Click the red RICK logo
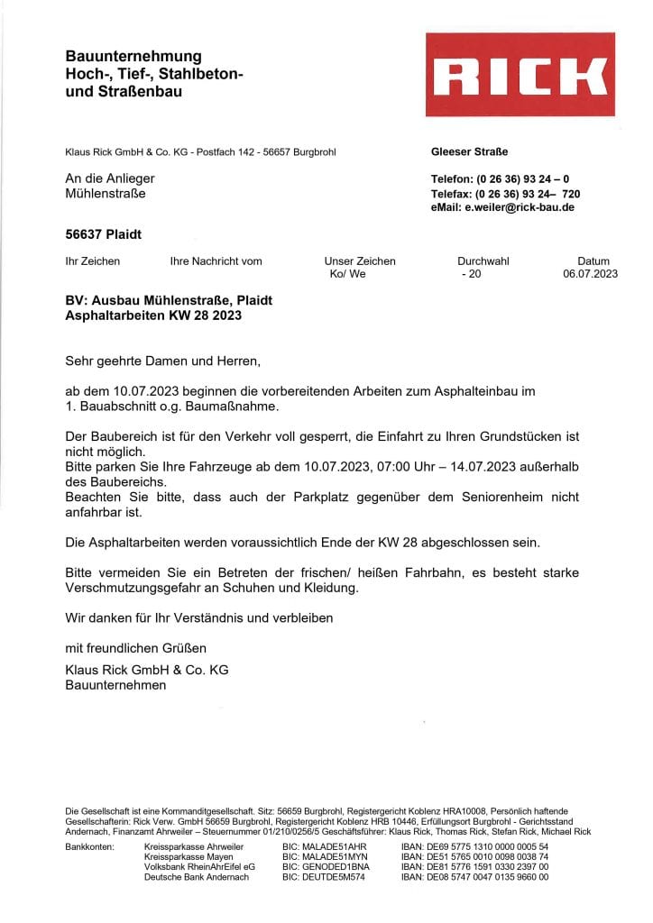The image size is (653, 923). point(520,75)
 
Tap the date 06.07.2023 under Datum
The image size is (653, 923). point(590,274)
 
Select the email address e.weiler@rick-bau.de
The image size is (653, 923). point(519,207)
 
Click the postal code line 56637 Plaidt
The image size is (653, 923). point(104,234)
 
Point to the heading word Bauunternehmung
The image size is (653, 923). point(133,56)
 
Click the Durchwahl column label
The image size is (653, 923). point(483,261)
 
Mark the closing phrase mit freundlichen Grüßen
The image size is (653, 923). point(136,648)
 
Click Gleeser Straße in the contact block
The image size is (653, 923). point(470,151)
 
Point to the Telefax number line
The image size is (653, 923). point(505,194)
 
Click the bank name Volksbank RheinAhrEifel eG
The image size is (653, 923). point(199,866)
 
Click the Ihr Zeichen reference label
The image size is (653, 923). point(92,261)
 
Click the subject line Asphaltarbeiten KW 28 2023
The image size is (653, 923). point(153,315)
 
